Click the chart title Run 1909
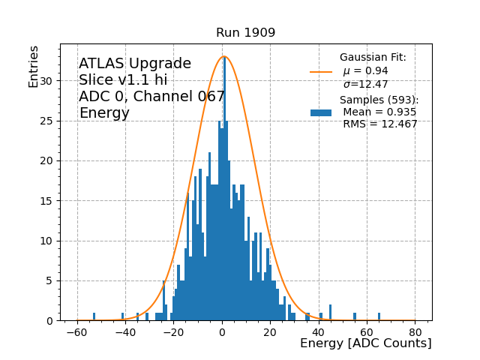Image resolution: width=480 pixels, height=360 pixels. pos(245,33)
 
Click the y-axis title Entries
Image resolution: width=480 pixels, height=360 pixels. pos(34,66)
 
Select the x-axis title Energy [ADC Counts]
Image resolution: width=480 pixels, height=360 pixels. pos(365,343)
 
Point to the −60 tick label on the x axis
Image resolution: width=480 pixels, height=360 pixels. pos(76,331)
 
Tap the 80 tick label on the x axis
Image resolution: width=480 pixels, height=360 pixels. pos(415,331)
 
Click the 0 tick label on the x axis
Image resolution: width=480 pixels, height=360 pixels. pos(222,331)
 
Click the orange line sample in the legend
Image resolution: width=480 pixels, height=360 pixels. pos(321,72)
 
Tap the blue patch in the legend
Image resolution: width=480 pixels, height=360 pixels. pos(321,112)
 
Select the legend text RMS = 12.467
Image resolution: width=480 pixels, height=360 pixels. pos(379,124)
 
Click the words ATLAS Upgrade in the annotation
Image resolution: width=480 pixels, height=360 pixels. pos(135,64)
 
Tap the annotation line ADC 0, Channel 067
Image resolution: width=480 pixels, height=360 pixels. pos(151,97)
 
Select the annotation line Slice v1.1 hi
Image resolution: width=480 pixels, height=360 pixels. pos(123,80)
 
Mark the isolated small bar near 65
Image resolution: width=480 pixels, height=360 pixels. pos(379,316)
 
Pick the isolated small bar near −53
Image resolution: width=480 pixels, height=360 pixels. pos(94,316)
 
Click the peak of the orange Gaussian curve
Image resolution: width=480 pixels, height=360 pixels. pos(224,56)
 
